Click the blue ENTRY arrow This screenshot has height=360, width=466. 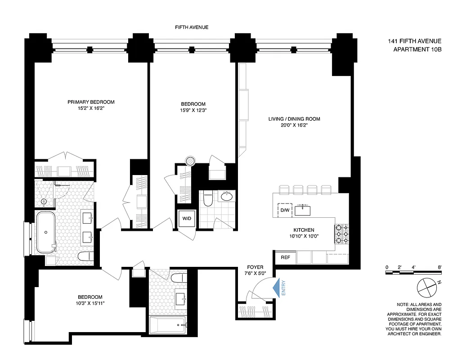(277, 287)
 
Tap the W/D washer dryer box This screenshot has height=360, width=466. (186, 219)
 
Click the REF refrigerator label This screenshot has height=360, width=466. (285, 258)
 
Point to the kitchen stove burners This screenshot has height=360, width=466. (341, 234)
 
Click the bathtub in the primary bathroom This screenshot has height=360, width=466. (46, 232)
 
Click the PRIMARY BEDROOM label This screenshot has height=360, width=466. (91, 102)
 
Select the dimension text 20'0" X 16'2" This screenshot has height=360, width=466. (294, 126)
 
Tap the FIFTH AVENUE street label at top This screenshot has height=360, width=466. (192, 27)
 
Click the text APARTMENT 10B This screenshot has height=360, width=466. (417, 49)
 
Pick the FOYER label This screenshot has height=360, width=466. (255, 267)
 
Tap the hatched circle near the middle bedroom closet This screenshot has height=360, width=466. (191, 161)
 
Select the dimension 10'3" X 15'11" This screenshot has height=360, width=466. (90, 303)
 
